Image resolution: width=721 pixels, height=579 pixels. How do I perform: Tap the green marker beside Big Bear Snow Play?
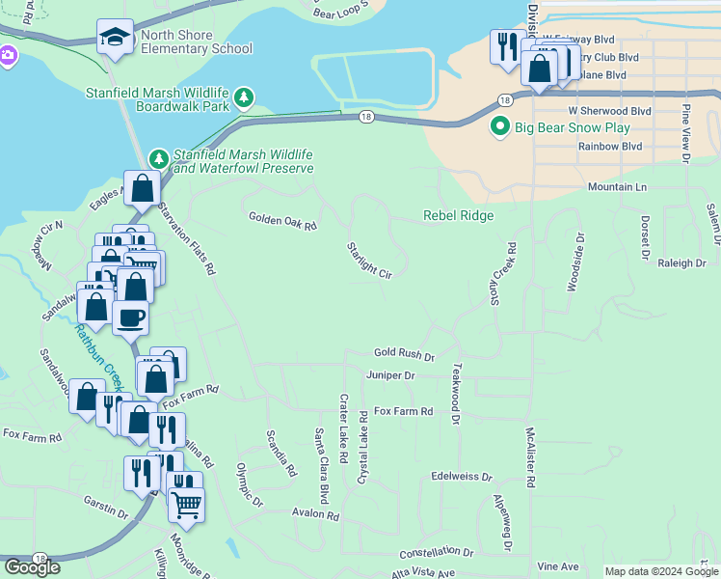(500, 127)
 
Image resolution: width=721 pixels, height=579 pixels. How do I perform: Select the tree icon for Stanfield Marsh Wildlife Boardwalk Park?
(246, 96)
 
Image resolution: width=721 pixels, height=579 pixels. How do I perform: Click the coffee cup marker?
(130, 317)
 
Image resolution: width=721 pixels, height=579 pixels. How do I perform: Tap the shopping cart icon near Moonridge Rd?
(186, 502)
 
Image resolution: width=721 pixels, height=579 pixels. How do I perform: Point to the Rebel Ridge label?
(458, 216)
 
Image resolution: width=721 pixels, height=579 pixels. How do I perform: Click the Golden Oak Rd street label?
(282, 221)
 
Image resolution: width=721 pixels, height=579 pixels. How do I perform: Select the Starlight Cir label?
(370, 261)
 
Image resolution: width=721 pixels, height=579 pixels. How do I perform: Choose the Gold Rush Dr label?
(404, 355)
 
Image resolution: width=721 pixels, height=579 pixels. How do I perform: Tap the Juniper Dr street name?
(390, 375)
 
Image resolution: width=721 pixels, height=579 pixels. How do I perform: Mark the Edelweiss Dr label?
(462, 477)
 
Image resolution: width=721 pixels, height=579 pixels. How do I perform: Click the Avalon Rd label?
(316, 515)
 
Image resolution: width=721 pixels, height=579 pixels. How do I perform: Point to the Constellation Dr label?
(437, 553)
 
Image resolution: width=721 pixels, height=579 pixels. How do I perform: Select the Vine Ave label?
(557, 565)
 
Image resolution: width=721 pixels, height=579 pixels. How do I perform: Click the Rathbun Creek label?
(96, 357)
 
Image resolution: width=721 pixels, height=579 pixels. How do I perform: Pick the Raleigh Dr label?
(681, 262)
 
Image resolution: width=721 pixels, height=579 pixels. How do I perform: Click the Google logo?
(32, 567)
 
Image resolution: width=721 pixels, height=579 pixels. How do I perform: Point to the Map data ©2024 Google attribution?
(660, 571)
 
